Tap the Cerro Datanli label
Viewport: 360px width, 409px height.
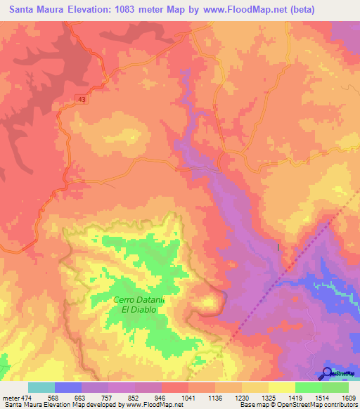tap(139, 299)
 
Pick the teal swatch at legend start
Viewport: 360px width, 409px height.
tap(41, 387)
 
